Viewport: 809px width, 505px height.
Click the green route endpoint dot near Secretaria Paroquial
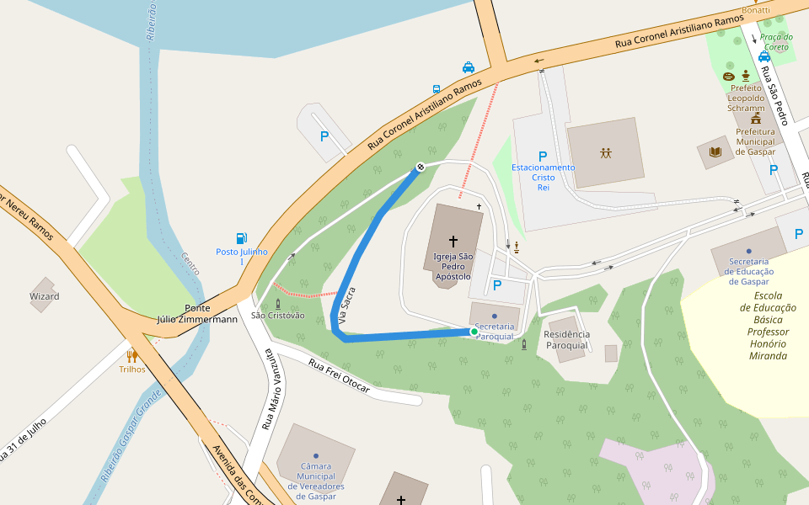tap(474, 332)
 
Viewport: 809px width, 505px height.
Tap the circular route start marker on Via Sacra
tap(420, 167)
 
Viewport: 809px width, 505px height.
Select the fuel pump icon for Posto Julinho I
tap(242, 238)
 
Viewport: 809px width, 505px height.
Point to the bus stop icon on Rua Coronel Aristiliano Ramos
tap(437, 88)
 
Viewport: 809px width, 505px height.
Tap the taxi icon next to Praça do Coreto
tap(764, 56)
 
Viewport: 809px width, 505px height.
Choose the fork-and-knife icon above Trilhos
tap(131, 356)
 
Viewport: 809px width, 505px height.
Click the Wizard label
tap(45, 296)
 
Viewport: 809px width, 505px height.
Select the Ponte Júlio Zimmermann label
tap(198, 313)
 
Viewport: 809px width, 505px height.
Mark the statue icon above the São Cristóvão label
tap(277, 303)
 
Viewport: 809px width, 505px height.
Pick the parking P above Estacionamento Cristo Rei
tap(543, 156)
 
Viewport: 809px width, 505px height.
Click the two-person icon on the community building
tap(606, 153)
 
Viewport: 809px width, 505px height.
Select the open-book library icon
tap(715, 152)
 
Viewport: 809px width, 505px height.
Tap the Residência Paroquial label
tap(567, 340)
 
